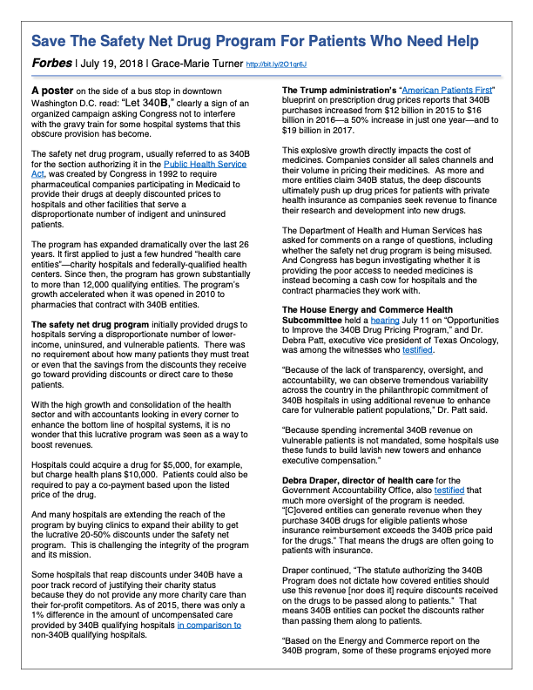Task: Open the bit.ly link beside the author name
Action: click(281, 64)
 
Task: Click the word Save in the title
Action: click(54, 41)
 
